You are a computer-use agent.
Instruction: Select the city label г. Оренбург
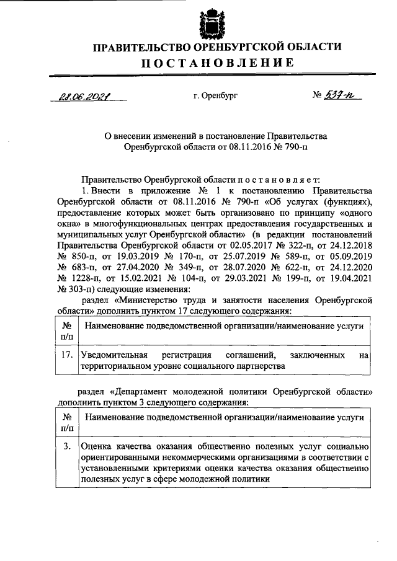tap(216, 97)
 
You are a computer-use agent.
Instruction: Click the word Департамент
tap(145, 391)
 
